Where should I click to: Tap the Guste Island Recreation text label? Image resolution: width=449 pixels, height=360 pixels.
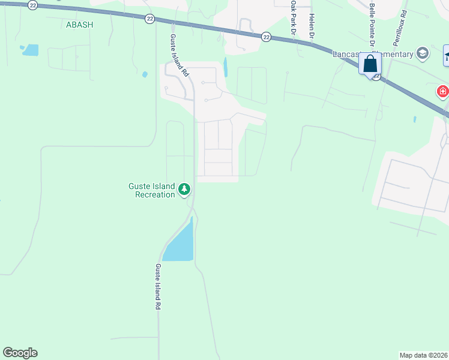click(151, 190)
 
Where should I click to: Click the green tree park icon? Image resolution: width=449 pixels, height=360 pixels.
click(185, 190)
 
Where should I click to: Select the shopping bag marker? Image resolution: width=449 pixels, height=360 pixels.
click(370, 63)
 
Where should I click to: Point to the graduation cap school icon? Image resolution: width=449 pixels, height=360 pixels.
click(423, 53)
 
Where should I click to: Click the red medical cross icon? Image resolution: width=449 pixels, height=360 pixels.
click(442, 92)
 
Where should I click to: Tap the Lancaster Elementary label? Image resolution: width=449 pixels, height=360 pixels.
click(372, 55)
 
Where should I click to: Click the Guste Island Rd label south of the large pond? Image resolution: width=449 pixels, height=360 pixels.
click(158, 287)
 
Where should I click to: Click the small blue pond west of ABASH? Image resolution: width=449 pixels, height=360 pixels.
click(30, 50)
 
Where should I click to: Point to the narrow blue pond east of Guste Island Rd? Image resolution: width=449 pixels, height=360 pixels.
click(226, 67)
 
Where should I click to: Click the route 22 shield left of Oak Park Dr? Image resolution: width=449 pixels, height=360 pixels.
click(266, 37)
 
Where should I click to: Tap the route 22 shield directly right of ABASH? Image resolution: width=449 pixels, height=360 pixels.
click(149, 19)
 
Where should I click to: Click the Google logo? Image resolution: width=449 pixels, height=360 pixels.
click(20, 353)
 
